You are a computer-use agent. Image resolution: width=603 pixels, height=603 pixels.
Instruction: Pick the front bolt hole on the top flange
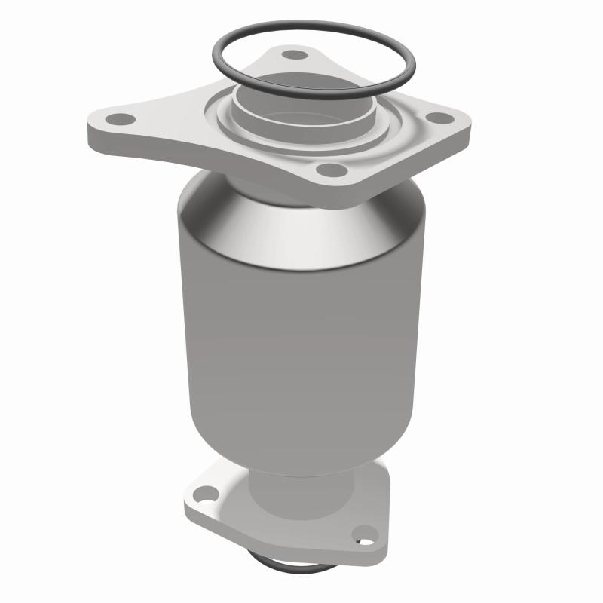pos(326,170)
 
